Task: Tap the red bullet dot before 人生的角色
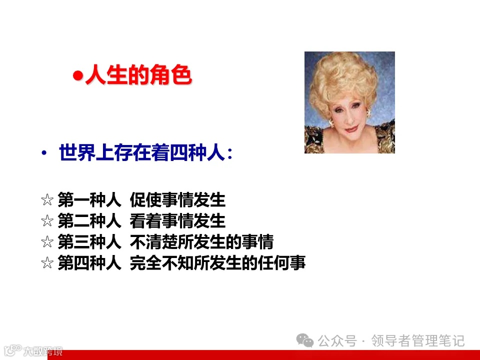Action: [x=77, y=76]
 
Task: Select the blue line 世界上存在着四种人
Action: [x=139, y=153]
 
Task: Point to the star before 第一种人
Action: [x=47, y=200]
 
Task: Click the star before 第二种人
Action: [x=47, y=221]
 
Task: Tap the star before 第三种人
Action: [x=47, y=242]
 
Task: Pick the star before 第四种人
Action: [x=47, y=263]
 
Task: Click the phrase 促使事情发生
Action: [x=177, y=200]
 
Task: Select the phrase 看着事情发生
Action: [x=177, y=221]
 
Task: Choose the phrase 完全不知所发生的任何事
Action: [x=217, y=263]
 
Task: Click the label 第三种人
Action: [x=89, y=242]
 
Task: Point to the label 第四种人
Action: [x=89, y=263]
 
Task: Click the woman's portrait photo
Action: [x=349, y=102]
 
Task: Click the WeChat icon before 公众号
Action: [x=305, y=340]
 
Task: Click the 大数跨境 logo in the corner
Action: [x=32, y=350]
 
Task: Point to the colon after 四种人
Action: [x=229, y=154]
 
